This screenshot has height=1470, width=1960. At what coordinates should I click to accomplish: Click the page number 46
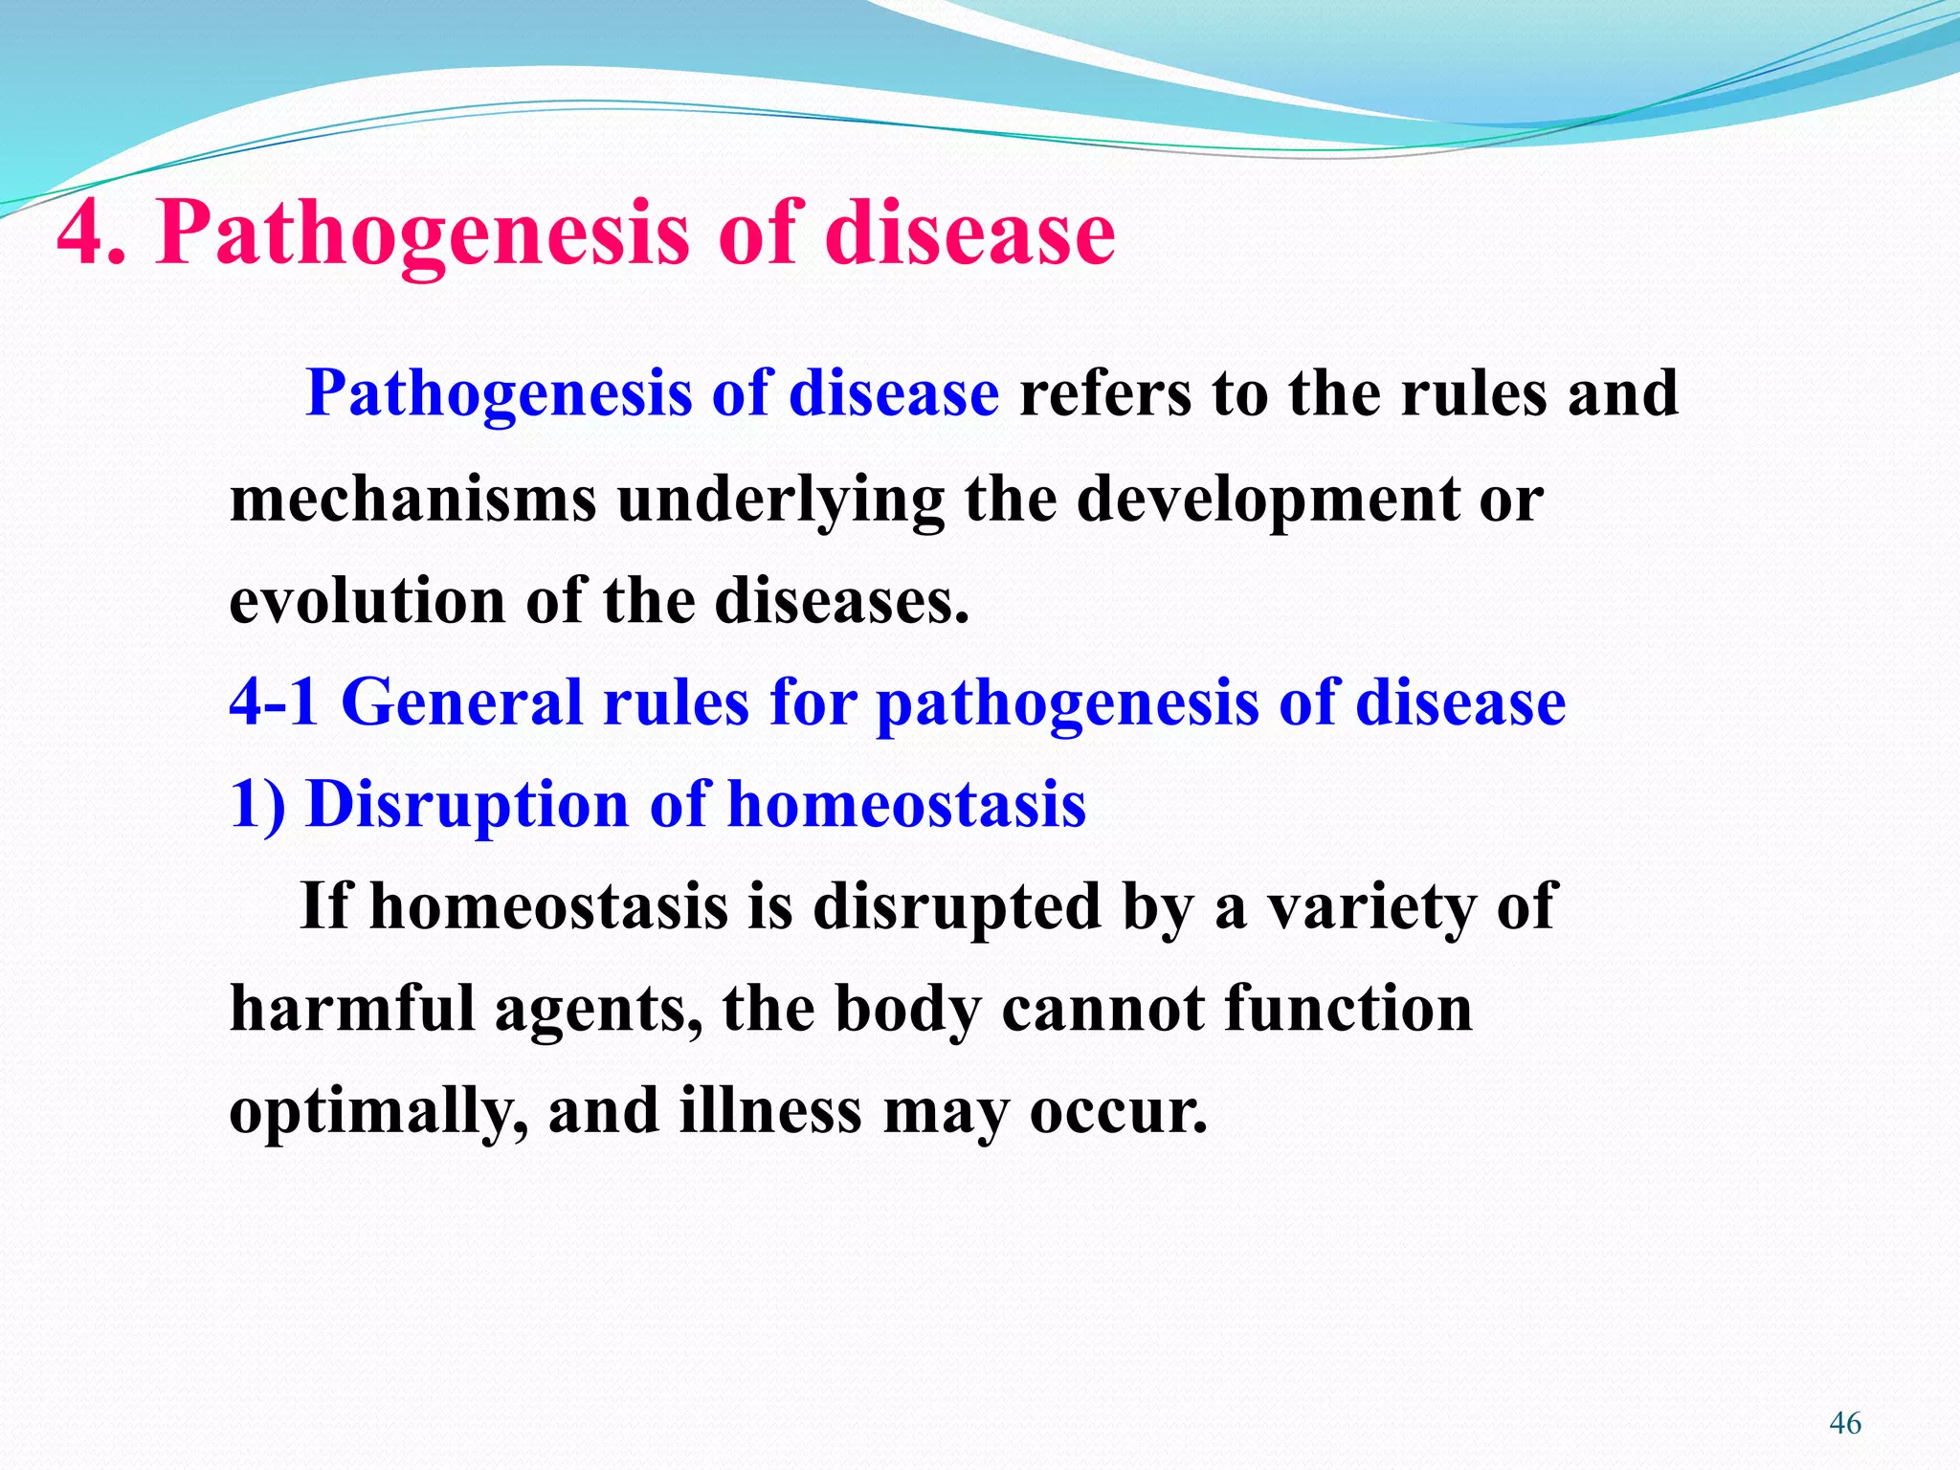(1844, 1423)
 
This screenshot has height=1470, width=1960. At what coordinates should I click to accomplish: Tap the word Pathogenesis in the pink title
(421, 234)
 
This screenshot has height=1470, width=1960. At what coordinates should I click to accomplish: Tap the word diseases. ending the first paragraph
(841, 601)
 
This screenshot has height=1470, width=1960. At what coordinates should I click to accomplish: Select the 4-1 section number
(274, 702)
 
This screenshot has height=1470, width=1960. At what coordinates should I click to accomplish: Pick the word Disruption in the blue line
(467, 804)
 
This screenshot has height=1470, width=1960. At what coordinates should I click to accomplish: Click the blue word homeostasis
(906, 804)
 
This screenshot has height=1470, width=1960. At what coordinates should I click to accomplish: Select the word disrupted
(957, 905)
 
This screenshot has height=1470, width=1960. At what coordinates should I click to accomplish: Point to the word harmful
(351, 1009)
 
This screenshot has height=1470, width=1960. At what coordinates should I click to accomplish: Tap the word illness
(770, 1110)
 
